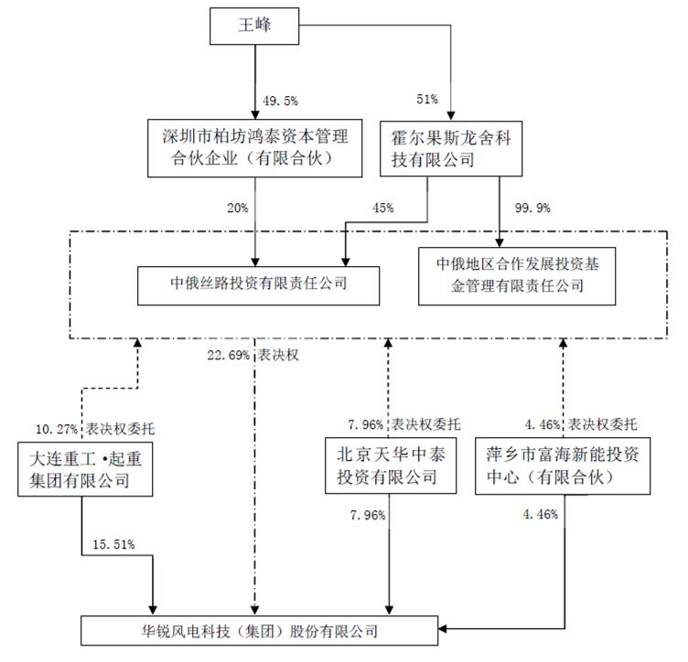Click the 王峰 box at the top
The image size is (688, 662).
coord(256,26)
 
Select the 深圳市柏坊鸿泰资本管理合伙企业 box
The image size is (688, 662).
coord(255,147)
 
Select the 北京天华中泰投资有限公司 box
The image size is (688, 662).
coord(390,465)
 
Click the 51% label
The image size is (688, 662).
coord(427,98)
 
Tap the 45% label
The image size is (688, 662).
coord(382,208)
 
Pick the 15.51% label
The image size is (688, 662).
coord(113,545)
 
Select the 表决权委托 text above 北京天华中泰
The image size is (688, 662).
coord(426,423)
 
